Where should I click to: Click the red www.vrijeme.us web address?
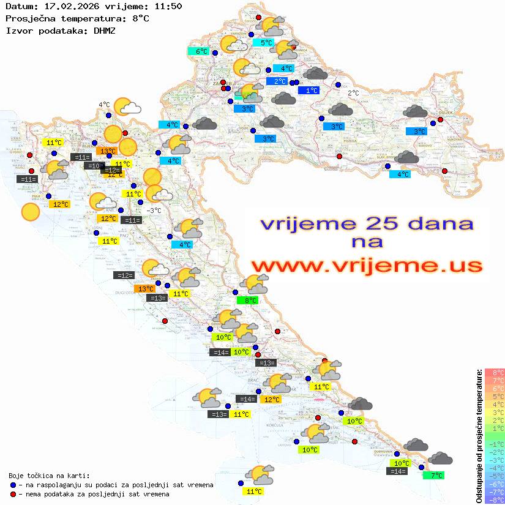click(367, 266)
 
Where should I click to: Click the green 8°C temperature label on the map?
click(247, 301)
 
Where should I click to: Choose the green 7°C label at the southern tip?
click(434, 475)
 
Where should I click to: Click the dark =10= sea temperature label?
click(94, 166)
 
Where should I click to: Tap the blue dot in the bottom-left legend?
click(13, 485)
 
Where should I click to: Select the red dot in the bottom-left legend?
click(13, 494)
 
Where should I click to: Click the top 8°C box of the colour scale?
click(495, 373)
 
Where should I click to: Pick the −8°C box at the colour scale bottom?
click(495, 499)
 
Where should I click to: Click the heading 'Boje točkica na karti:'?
click(49, 476)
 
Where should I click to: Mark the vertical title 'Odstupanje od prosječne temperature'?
click(479, 436)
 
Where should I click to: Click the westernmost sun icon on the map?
click(30, 212)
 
